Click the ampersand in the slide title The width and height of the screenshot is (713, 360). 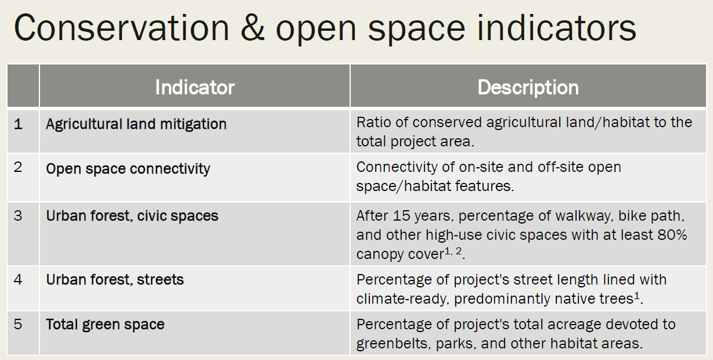(x=253, y=28)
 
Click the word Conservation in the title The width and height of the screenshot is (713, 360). (x=121, y=28)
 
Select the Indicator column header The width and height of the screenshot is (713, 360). (x=195, y=87)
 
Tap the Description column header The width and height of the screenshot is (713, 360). (x=528, y=87)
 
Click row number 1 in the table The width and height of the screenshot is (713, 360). (x=18, y=124)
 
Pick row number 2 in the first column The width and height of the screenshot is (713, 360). (x=18, y=167)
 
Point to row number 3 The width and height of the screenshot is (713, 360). (x=18, y=216)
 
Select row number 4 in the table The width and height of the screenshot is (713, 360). (x=18, y=279)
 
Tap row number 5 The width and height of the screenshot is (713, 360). (x=18, y=324)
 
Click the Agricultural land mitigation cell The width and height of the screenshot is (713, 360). (x=136, y=124)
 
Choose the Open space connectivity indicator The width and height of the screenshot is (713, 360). (x=128, y=169)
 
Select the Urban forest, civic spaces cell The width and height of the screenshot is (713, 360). (x=132, y=216)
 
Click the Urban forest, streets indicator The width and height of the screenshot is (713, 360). (x=115, y=280)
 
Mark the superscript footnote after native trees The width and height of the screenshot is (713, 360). (x=636, y=296)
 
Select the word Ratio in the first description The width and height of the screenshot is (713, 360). (x=374, y=123)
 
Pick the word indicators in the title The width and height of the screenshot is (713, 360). (x=556, y=28)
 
